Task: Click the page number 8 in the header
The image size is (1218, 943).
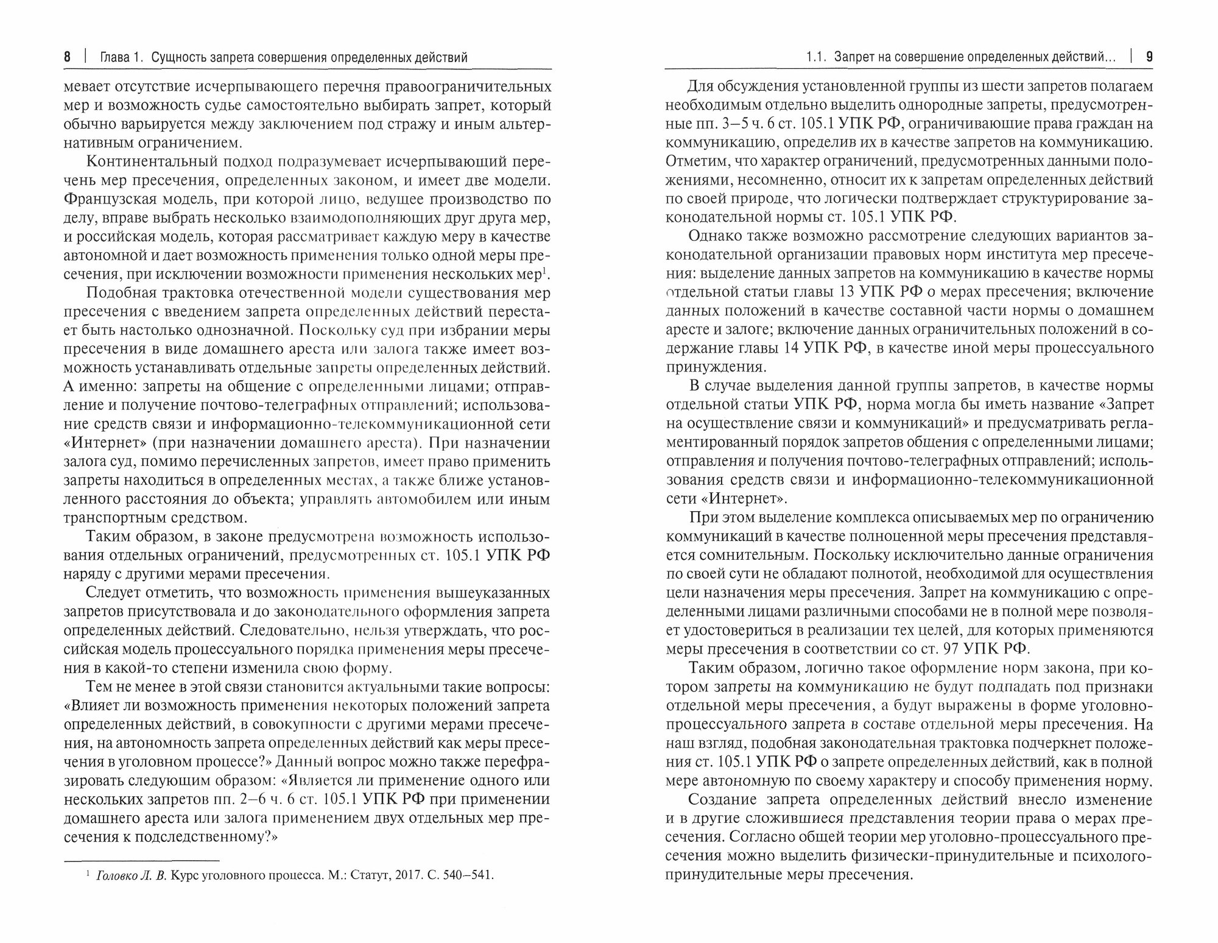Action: click(67, 58)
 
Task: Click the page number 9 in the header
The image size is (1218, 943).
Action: click(1149, 58)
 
